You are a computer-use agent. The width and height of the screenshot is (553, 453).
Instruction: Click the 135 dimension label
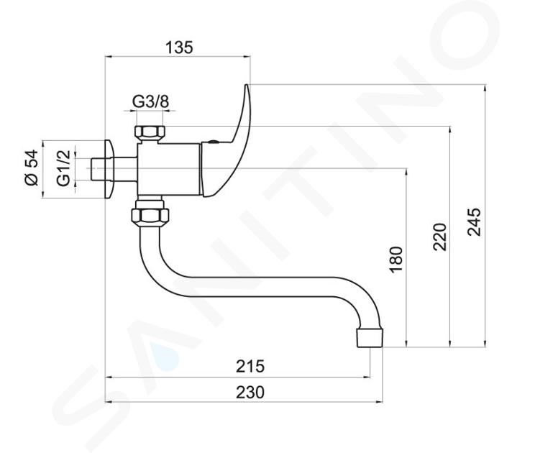tap(180, 47)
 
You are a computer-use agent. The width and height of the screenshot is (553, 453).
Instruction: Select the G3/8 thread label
tap(150, 102)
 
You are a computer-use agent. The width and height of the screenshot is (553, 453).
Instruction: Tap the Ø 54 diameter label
tap(32, 168)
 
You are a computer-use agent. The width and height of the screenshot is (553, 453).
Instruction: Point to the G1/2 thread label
tap(63, 168)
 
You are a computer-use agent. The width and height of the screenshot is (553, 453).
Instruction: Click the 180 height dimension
tap(396, 260)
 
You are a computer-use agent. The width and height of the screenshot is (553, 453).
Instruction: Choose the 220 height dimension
tap(440, 237)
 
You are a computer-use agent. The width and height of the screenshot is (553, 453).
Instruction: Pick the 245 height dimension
tap(475, 222)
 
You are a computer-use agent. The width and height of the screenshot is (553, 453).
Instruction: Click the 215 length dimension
tap(250, 366)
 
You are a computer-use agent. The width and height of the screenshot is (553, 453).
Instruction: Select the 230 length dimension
tap(250, 392)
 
